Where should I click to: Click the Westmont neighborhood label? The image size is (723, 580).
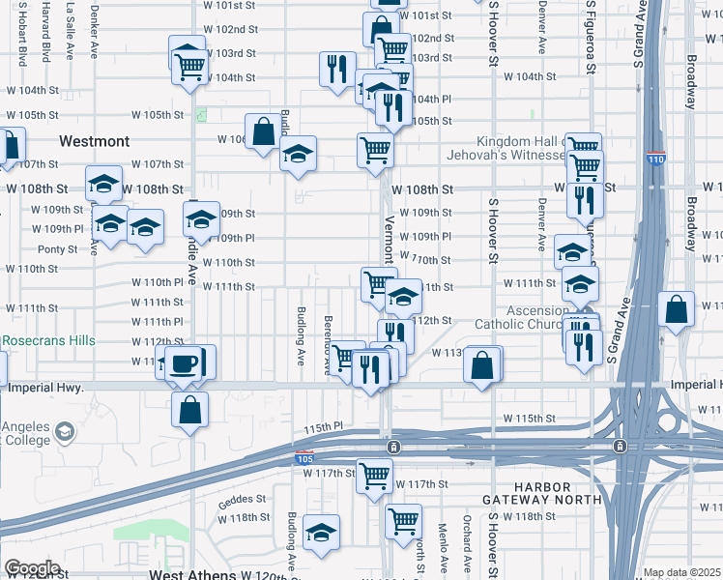[x=94, y=141]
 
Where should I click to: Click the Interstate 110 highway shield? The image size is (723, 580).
[x=656, y=158]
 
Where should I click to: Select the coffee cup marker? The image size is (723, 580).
[x=183, y=364]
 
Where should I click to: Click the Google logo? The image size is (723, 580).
[x=32, y=568]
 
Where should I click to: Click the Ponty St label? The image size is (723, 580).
[x=57, y=248]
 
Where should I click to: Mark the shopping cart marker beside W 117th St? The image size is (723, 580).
[x=374, y=475]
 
